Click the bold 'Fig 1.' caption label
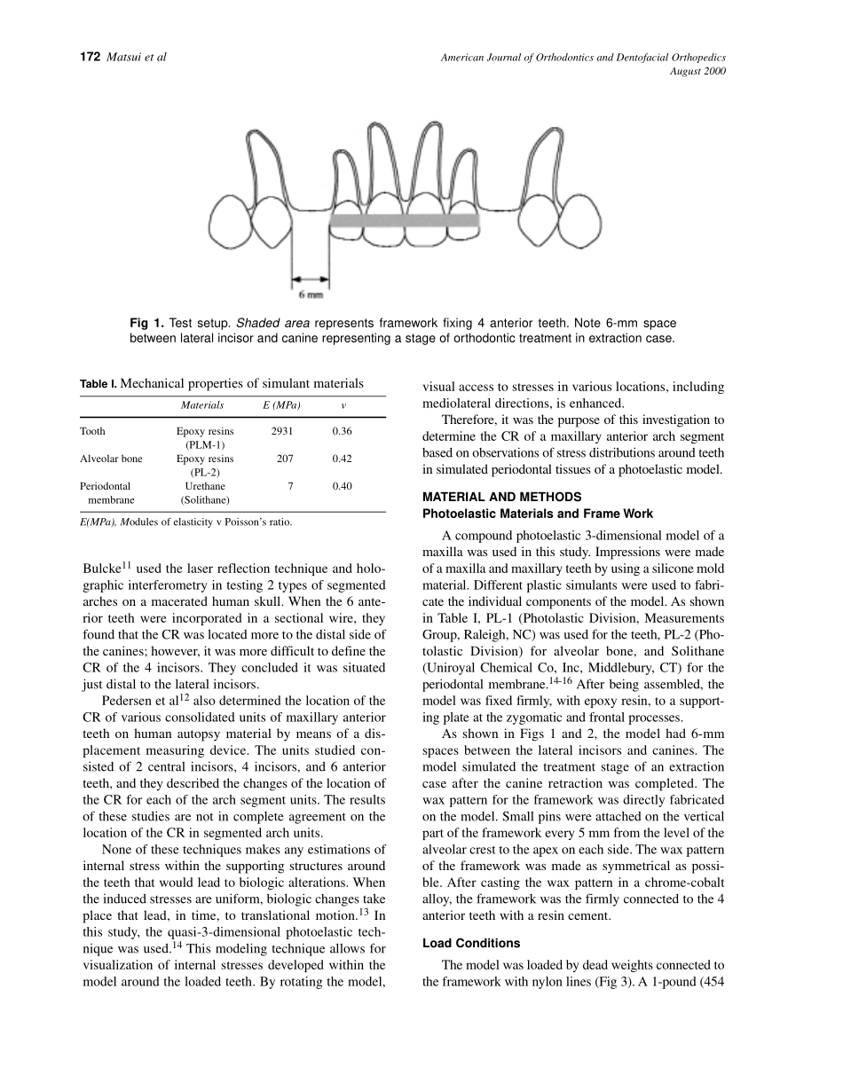coord(146,324)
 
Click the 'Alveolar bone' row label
coord(111,459)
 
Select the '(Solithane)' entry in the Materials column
coord(205,500)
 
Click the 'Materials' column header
coord(202,406)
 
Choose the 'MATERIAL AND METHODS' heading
coord(501,497)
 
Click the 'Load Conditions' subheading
coord(471,943)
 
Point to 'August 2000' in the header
coord(699,72)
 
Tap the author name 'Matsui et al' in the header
coord(136,58)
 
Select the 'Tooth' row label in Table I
coord(92,432)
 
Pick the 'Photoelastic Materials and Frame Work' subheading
coord(538,514)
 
